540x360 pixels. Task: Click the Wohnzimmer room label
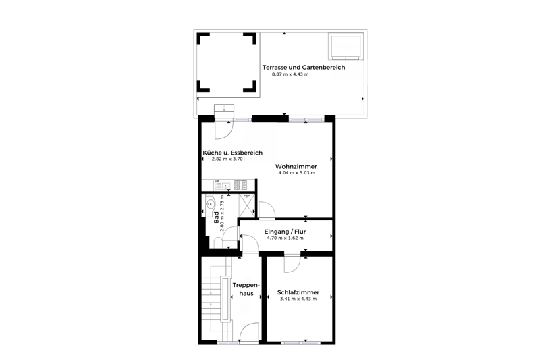296,166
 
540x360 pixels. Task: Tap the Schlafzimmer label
298,292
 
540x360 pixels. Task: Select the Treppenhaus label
246,289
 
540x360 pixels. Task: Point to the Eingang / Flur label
285,232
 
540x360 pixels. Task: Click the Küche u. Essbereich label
232,153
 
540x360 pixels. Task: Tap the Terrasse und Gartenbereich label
303,67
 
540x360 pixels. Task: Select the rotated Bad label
216,217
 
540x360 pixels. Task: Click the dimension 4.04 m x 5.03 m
296,173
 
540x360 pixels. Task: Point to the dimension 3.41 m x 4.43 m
298,299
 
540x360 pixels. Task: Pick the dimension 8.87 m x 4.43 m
290,74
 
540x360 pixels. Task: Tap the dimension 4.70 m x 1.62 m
285,238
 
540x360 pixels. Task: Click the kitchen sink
223,185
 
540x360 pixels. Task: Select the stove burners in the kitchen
241,185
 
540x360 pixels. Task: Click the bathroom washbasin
210,205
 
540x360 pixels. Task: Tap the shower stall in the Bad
247,205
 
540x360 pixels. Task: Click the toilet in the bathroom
218,242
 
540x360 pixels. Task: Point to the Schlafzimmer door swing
292,263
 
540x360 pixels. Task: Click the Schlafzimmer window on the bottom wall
300,343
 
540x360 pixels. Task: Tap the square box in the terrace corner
346,46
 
